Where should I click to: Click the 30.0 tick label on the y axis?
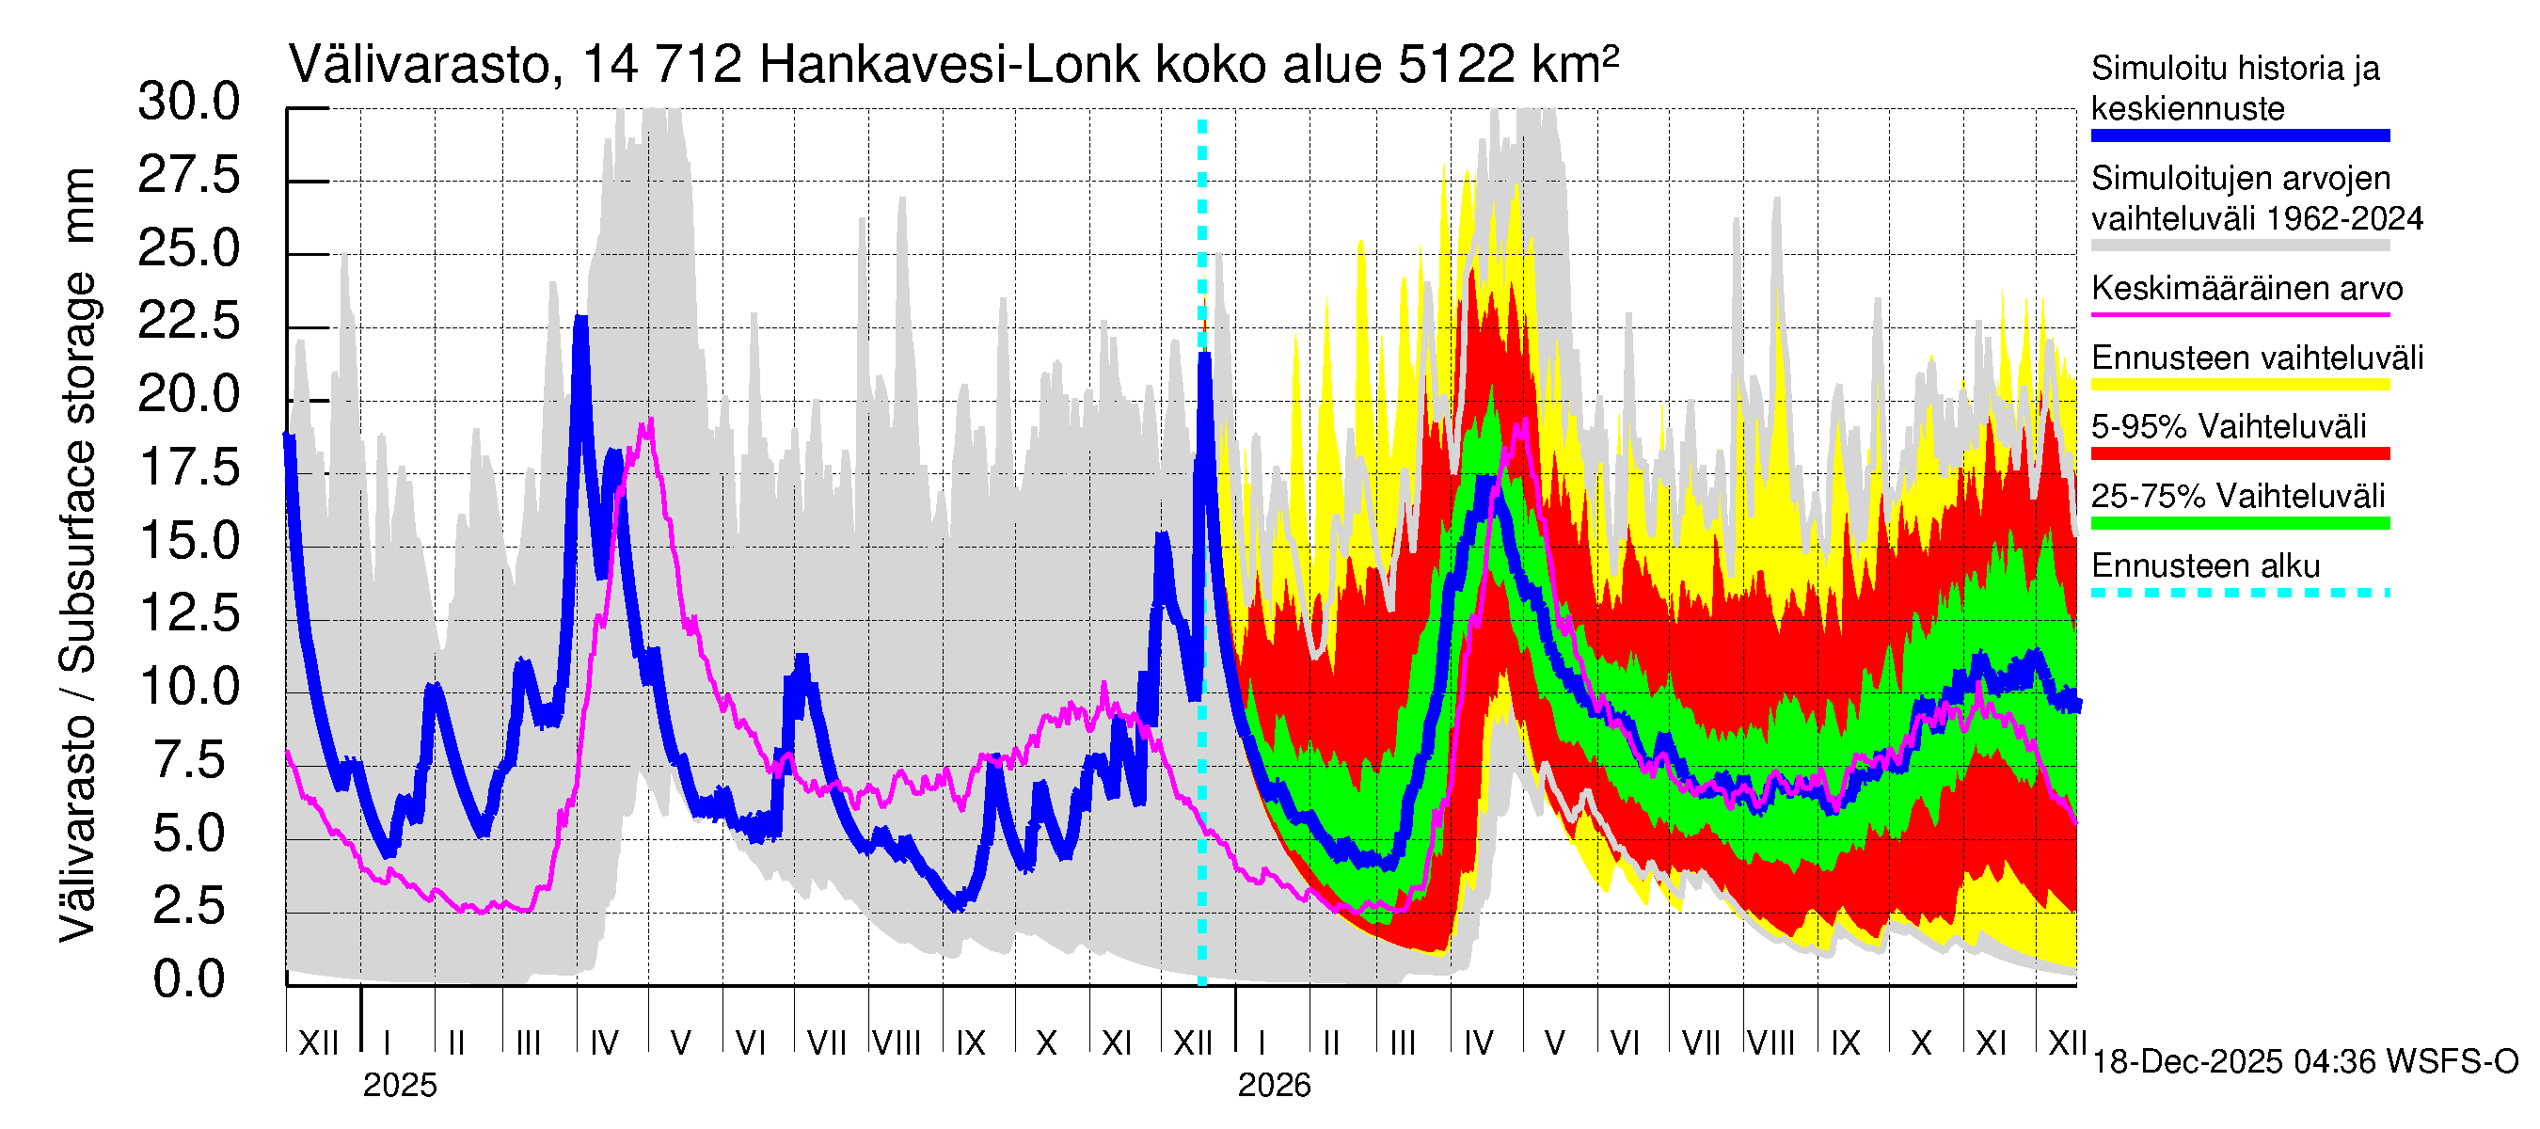[x=188, y=103]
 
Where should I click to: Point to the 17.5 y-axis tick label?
[x=188, y=468]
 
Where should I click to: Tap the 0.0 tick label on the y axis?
[x=188, y=979]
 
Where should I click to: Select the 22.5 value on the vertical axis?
[x=188, y=322]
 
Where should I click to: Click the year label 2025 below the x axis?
[x=399, y=1086]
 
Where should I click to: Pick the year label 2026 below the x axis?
[x=1274, y=1086]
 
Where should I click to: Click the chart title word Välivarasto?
[x=419, y=66]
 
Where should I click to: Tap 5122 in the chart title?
[x=1455, y=66]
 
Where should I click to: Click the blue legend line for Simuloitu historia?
[x=2239, y=136]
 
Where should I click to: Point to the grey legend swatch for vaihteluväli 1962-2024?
[x=2239, y=246]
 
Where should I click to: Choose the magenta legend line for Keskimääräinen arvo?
[x=2239, y=314]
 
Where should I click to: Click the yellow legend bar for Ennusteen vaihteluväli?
[x=2239, y=385]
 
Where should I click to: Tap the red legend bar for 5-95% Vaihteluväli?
[x=2239, y=453]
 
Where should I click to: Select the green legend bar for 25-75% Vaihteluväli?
[x=2239, y=524]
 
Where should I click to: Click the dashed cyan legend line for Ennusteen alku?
[x=2239, y=593]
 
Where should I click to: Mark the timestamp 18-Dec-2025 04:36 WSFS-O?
[x=2304, y=1062]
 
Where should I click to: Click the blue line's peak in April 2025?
[x=581, y=321]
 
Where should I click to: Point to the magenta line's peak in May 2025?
[x=649, y=422]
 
